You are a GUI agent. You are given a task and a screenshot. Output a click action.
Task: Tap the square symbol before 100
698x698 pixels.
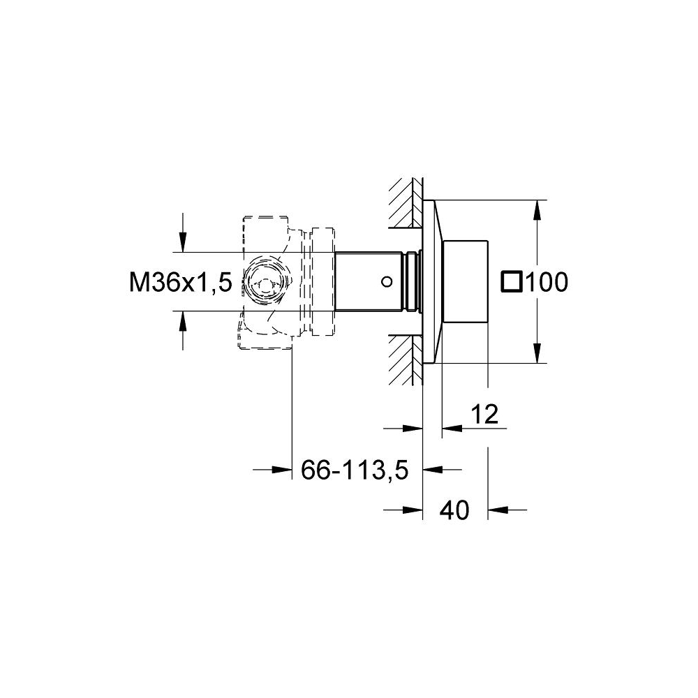click(x=512, y=281)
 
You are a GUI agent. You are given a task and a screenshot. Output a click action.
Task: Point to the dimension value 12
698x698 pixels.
click(x=484, y=415)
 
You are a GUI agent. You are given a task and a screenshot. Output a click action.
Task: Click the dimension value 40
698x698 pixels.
click(x=454, y=511)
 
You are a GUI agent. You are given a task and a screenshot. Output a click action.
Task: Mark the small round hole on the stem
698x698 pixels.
click(x=385, y=282)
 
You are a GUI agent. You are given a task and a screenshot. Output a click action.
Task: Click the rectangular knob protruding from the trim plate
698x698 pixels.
click(x=465, y=282)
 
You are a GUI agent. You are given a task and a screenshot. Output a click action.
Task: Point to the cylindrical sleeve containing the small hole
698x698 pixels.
click(x=370, y=282)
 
